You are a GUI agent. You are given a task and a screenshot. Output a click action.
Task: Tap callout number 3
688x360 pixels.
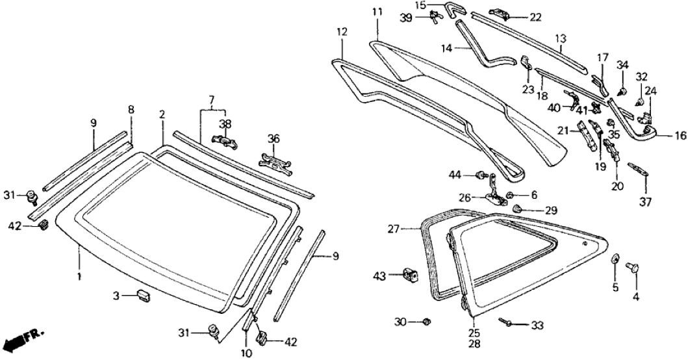click(116, 296)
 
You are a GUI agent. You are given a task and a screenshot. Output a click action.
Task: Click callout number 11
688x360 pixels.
click(377, 12)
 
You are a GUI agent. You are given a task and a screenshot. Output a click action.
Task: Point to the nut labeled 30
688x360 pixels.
click(426, 322)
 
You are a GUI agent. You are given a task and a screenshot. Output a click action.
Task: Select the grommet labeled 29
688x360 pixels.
click(518, 209)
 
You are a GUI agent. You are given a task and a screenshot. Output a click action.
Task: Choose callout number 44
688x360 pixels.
click(454, 174)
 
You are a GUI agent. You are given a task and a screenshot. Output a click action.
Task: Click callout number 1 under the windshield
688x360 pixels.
click(79, 277)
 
